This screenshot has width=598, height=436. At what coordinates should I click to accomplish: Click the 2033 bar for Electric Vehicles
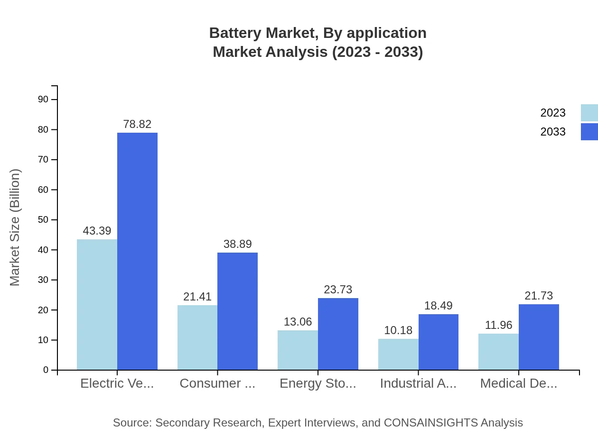[137, 251]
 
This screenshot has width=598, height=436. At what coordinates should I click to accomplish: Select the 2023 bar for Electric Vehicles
[97, 304]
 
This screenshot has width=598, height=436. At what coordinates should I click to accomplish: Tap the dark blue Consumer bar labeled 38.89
[237, 311]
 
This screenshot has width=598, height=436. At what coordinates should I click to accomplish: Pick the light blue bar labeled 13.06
[298, 350]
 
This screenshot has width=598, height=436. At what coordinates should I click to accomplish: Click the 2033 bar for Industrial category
[439, 342]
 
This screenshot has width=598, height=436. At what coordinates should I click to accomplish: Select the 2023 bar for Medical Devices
[498, 352]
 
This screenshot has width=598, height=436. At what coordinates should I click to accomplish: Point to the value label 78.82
[137, 124]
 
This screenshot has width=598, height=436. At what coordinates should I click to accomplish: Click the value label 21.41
[197, 297]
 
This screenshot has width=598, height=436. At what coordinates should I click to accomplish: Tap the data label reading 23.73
[338, 290]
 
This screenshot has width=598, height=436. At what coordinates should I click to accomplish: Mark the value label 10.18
[398, 330]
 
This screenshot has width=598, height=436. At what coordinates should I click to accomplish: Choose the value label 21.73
[539, 296]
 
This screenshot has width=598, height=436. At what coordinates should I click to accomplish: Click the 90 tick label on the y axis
[43, 99]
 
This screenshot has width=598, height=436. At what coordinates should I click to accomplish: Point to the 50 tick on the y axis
[43, 220]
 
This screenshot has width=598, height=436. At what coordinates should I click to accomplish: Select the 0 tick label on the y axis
[46, 370]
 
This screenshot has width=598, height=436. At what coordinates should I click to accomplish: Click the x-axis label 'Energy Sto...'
[318, 383]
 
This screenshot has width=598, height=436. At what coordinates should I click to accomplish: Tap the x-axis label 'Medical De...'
[518, 383]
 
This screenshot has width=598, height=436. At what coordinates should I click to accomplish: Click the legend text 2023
[553, 113]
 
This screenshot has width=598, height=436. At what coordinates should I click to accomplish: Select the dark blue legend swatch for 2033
[589, 132]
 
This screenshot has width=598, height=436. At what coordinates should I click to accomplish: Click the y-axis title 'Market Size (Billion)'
[15, 227]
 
